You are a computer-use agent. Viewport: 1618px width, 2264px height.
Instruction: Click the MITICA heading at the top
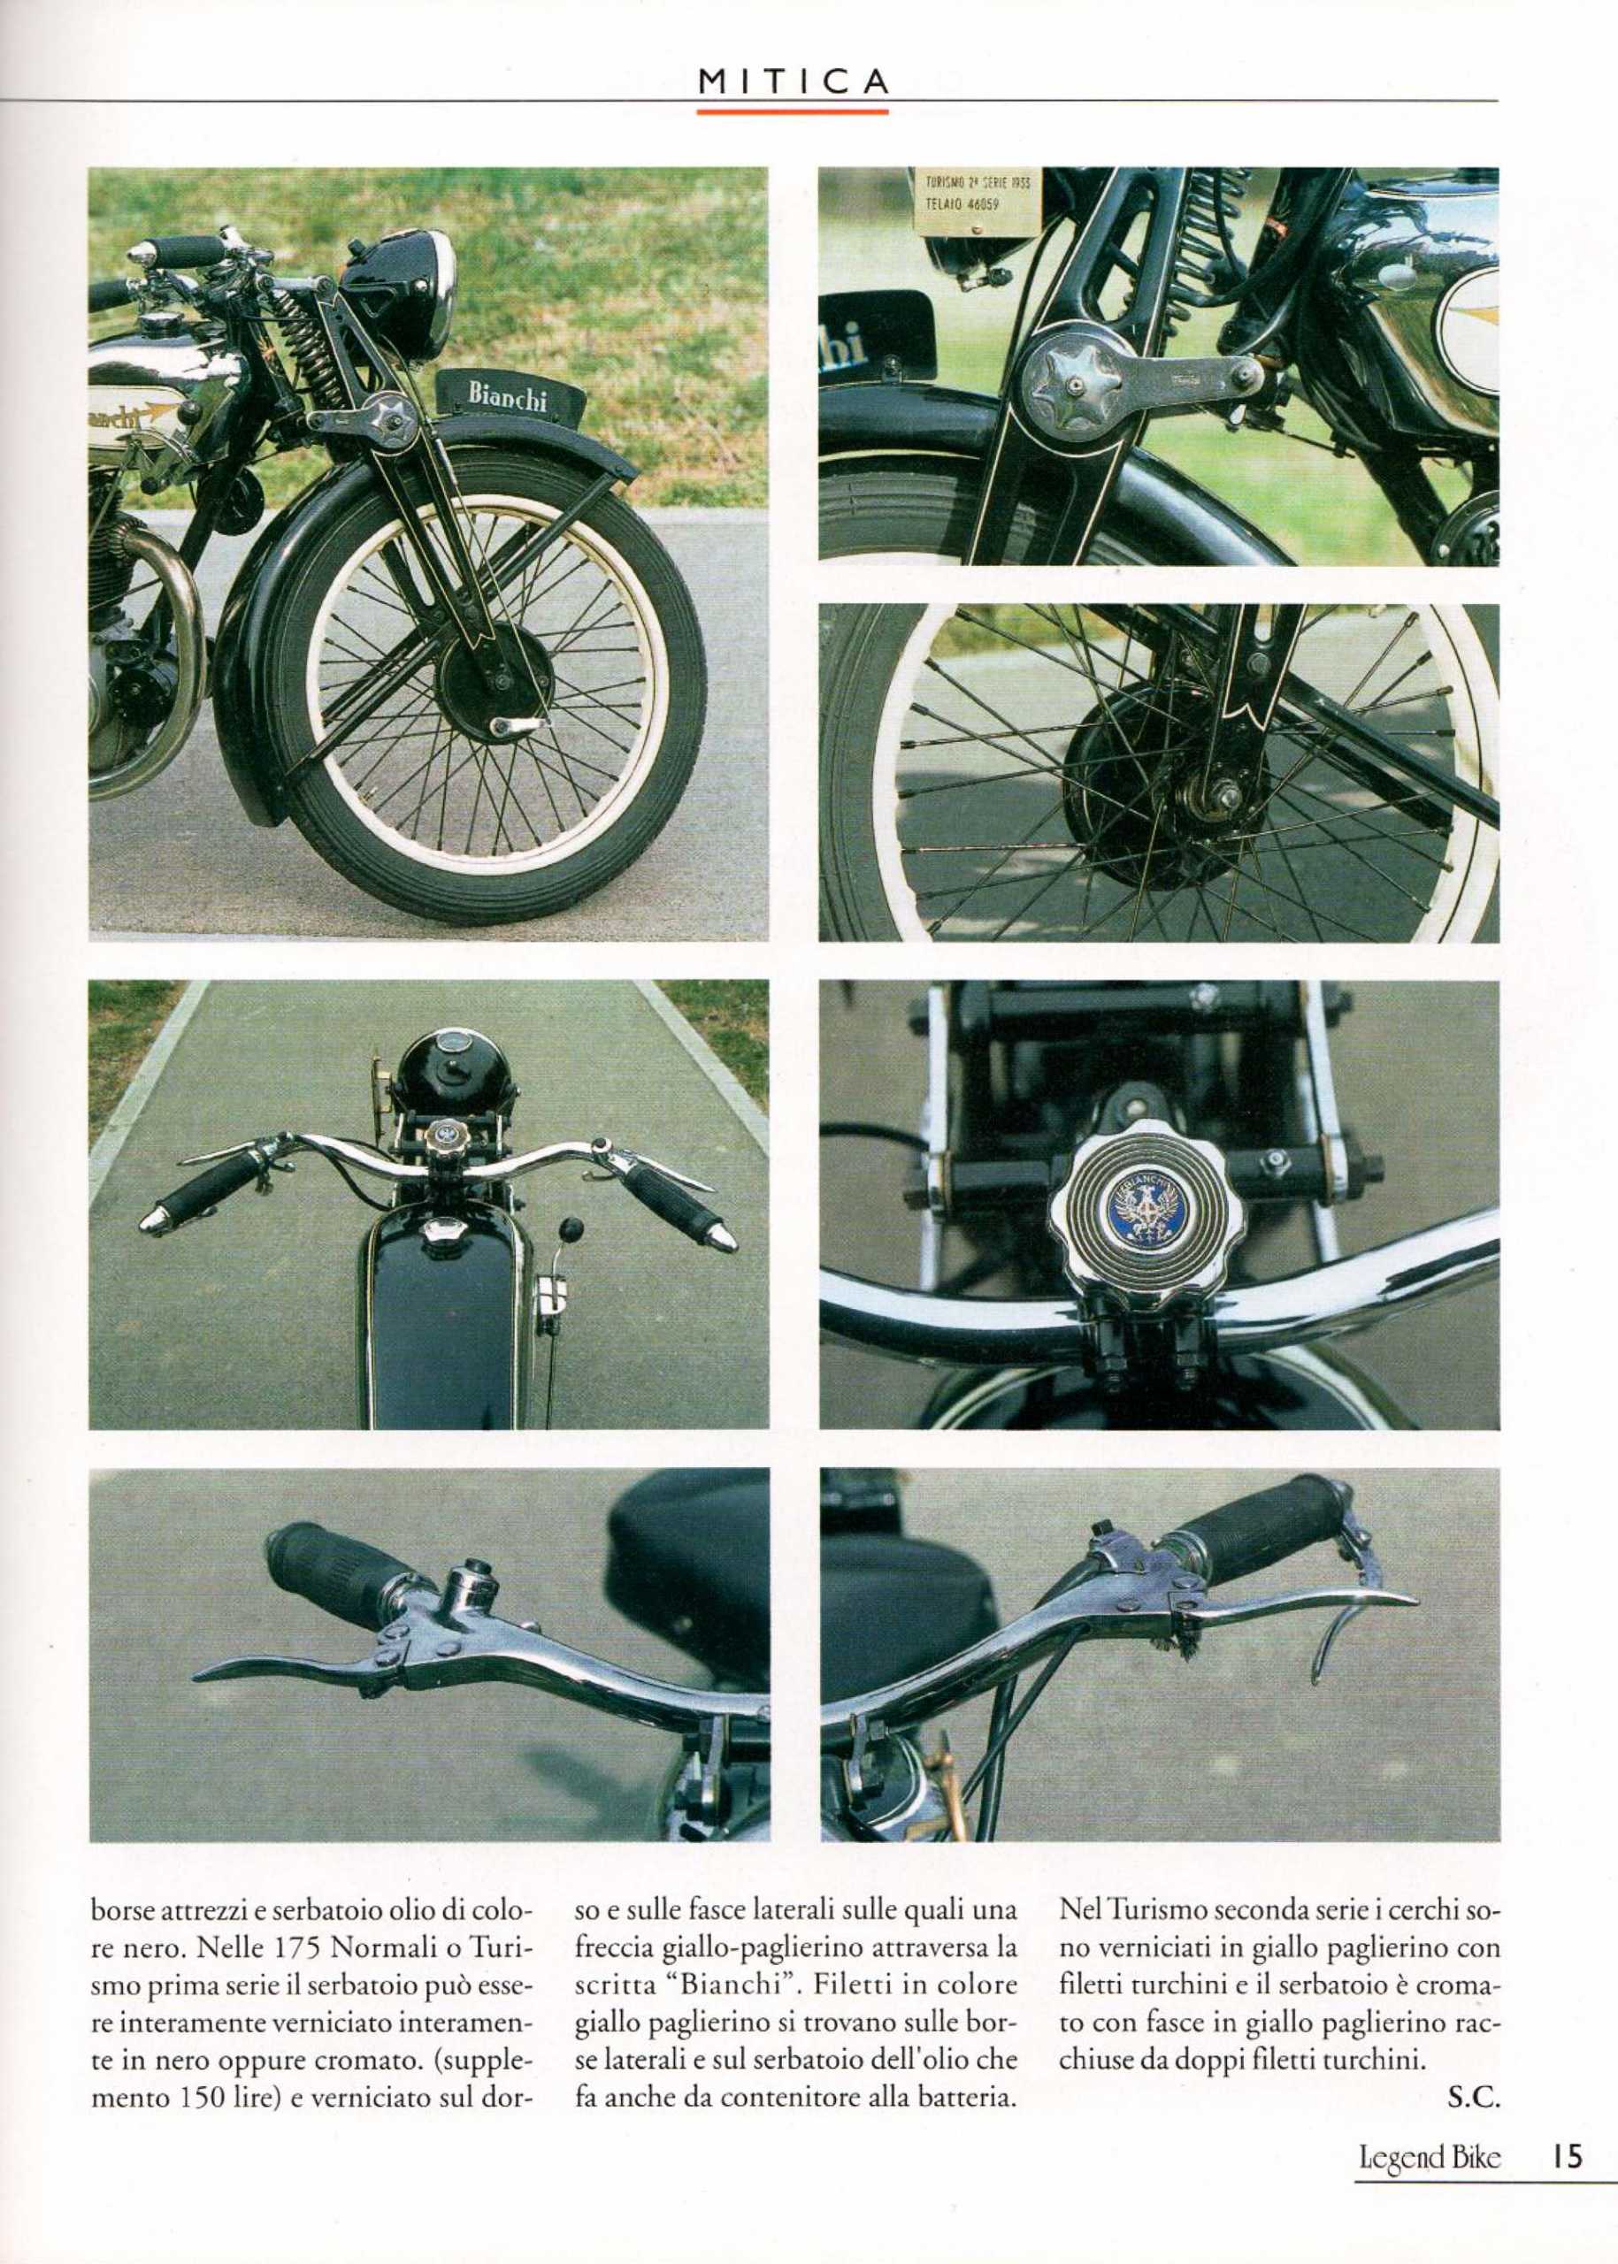click(792, 81)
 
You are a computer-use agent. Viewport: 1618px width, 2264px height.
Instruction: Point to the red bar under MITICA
click(792, 111)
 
